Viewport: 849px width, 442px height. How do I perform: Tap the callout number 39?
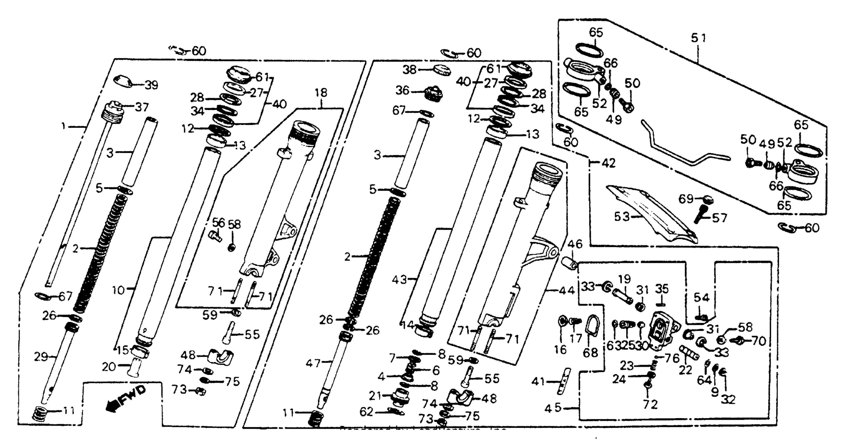(152, 85)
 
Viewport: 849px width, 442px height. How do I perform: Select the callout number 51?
(698, 38)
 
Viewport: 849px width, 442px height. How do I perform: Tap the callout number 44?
(567, 290)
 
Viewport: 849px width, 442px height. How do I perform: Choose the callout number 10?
(118, 290)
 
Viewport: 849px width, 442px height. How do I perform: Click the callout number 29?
(41, 357)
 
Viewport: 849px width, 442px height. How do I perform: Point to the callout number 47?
(313, 363)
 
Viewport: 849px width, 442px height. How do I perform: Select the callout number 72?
(650, 404)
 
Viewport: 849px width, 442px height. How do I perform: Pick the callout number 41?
(538, 382)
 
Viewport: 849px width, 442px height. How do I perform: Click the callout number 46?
(575, 244)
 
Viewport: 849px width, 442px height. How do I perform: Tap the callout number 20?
(108, 367)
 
